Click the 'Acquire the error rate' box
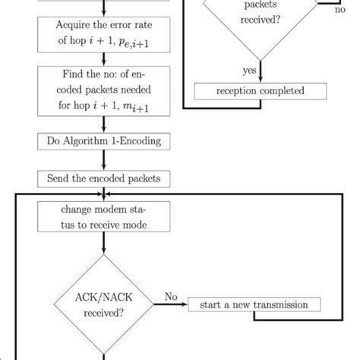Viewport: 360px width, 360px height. [x=104, y=36]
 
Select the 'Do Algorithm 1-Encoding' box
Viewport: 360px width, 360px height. [x=104, y=141]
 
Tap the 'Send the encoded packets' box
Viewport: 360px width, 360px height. [x=104, y=179]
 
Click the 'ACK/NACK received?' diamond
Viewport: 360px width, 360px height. [x=104, y=305]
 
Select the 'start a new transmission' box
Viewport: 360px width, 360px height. [x=254, y=305]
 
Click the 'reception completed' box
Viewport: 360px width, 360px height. [x=260, y=92]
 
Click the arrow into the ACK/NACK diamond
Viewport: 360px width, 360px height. [x=104, y=254]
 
